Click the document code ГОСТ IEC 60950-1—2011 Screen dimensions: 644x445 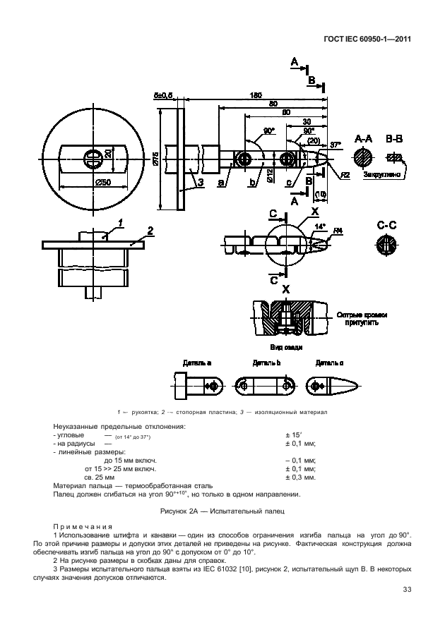click(x=367, y=40)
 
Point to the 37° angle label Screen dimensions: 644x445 click(x=336, y=144)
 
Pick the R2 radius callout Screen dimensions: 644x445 click(x=345, y=174)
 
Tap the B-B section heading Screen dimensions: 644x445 click(x=394, y=140)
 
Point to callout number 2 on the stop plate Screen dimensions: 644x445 click(x=149, y=231)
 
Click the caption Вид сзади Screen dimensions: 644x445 click(x=285, y=347)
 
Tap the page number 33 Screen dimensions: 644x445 click(x=407, y=590)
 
